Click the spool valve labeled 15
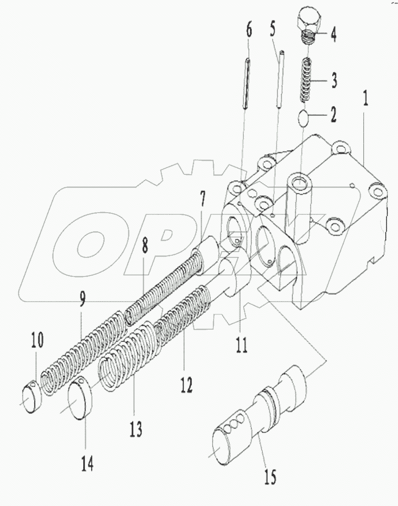pyautogui.click(x=258, y=416)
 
